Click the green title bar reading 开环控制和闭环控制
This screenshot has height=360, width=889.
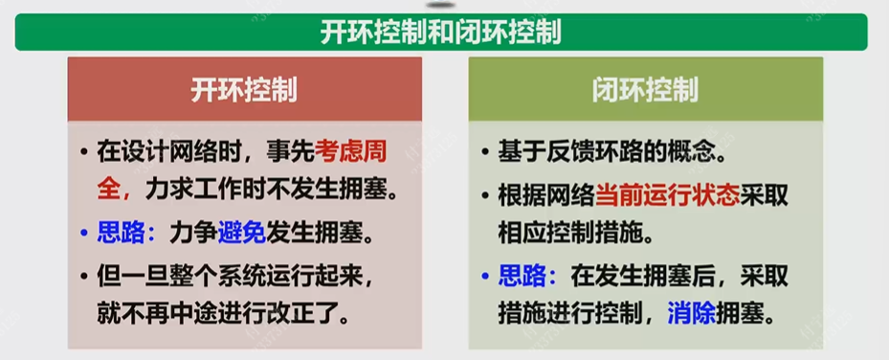pyautogui.click(x=441, y=33)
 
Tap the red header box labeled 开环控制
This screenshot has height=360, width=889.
pyautogui.click(x=244, y=90)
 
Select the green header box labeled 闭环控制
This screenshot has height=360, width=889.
pyautogui.click(x=645, y=90)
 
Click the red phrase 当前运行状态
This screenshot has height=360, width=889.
pyautogui.click(x=669, y=194)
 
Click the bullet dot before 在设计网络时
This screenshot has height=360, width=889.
pyautogui.click(x=84, y=152)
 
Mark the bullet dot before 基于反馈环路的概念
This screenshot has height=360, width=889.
pyautogui.click(x=485, y=152)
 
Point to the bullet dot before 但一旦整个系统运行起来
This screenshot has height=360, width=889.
pyautogui.click(x=84, y=276)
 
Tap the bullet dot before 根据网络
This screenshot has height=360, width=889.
pyautogui.click(x=485, y=195)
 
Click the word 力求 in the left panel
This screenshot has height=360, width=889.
pyautogui.click(x=168, y=188)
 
